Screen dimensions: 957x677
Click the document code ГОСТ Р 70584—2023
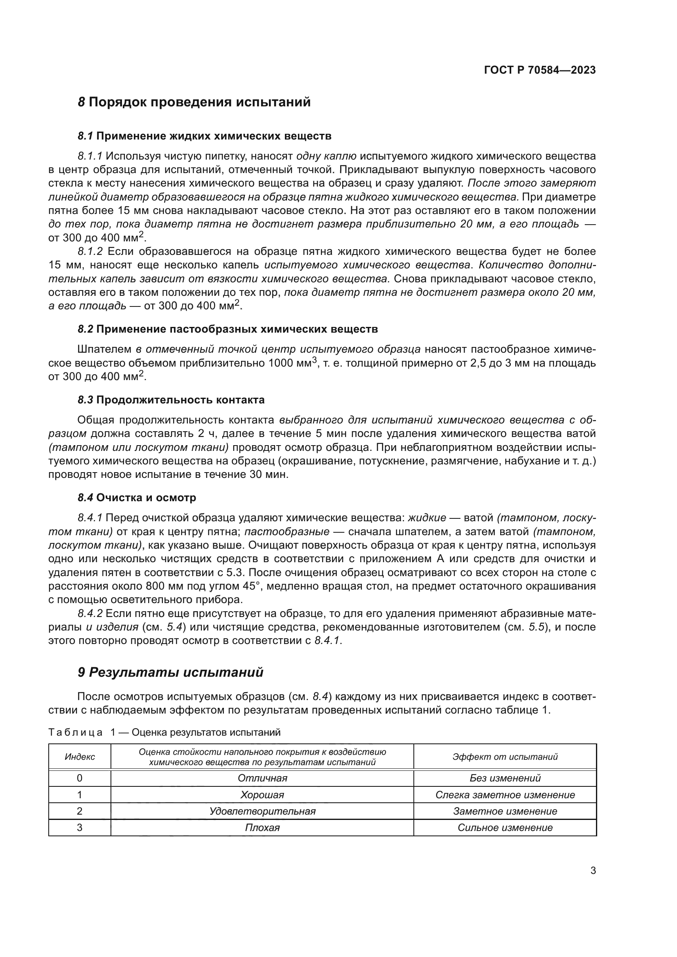[539, 70]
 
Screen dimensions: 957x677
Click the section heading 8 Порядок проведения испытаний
[194, 102]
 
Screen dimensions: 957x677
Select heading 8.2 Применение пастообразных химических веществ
[228, 329]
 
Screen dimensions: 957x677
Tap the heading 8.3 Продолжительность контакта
[171, 400]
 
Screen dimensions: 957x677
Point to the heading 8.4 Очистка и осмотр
[137, 498]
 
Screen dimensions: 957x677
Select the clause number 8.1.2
[90, 251]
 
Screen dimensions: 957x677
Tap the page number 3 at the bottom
[593, 871]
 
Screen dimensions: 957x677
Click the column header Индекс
[80, 757]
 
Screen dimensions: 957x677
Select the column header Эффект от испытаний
[505, 757]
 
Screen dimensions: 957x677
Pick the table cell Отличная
[262, 778]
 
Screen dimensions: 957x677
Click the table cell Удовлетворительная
[262, 811]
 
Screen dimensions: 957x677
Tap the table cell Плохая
[262, 828]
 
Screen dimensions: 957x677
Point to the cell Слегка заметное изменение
[505, 795]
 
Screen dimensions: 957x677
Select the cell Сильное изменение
[505, 828]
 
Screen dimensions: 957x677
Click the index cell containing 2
[80, 811]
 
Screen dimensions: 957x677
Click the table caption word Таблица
[75, 732]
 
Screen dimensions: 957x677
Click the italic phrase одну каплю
[326, 156]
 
